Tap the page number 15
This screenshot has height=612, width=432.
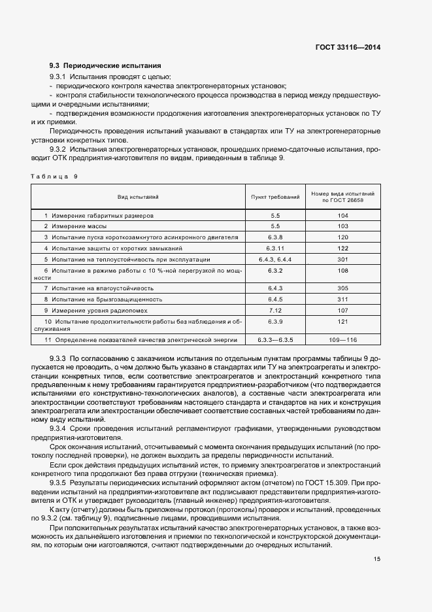[377, 559]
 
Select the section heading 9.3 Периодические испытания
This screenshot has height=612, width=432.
[105, 66]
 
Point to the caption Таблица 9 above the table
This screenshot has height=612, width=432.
[54, 177]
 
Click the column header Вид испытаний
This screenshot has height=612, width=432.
[138, 196]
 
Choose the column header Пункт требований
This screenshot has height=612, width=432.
[274, 196]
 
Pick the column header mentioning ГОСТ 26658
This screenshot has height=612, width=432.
[342, 197]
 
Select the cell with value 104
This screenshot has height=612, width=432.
[342, 214]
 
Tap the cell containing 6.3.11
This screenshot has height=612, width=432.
[274, 248]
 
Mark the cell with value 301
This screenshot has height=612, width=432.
[342, 259]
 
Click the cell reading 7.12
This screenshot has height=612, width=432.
[274, 310]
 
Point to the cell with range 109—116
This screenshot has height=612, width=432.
[342, 340]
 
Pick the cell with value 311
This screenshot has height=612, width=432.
[342, 299]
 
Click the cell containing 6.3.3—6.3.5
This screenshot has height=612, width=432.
[274, 340]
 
